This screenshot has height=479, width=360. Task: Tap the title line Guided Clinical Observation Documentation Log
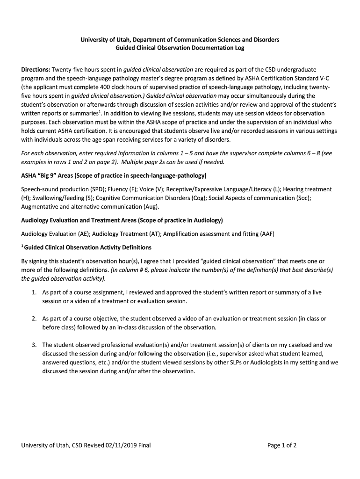pyautogui.click(x=180, y=48)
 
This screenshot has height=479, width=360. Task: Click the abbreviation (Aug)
pyautogui.click(x=151, y=206)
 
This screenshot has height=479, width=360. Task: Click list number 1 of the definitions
pyautogui.click(x=34, y=292)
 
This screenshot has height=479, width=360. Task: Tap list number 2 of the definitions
pyautogui.click(x=34, y=319)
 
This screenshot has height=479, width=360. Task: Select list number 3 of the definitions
pyautogui.click(x=34, y=345)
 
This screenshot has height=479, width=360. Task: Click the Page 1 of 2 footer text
pyautogui.click(x=282, y=445)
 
